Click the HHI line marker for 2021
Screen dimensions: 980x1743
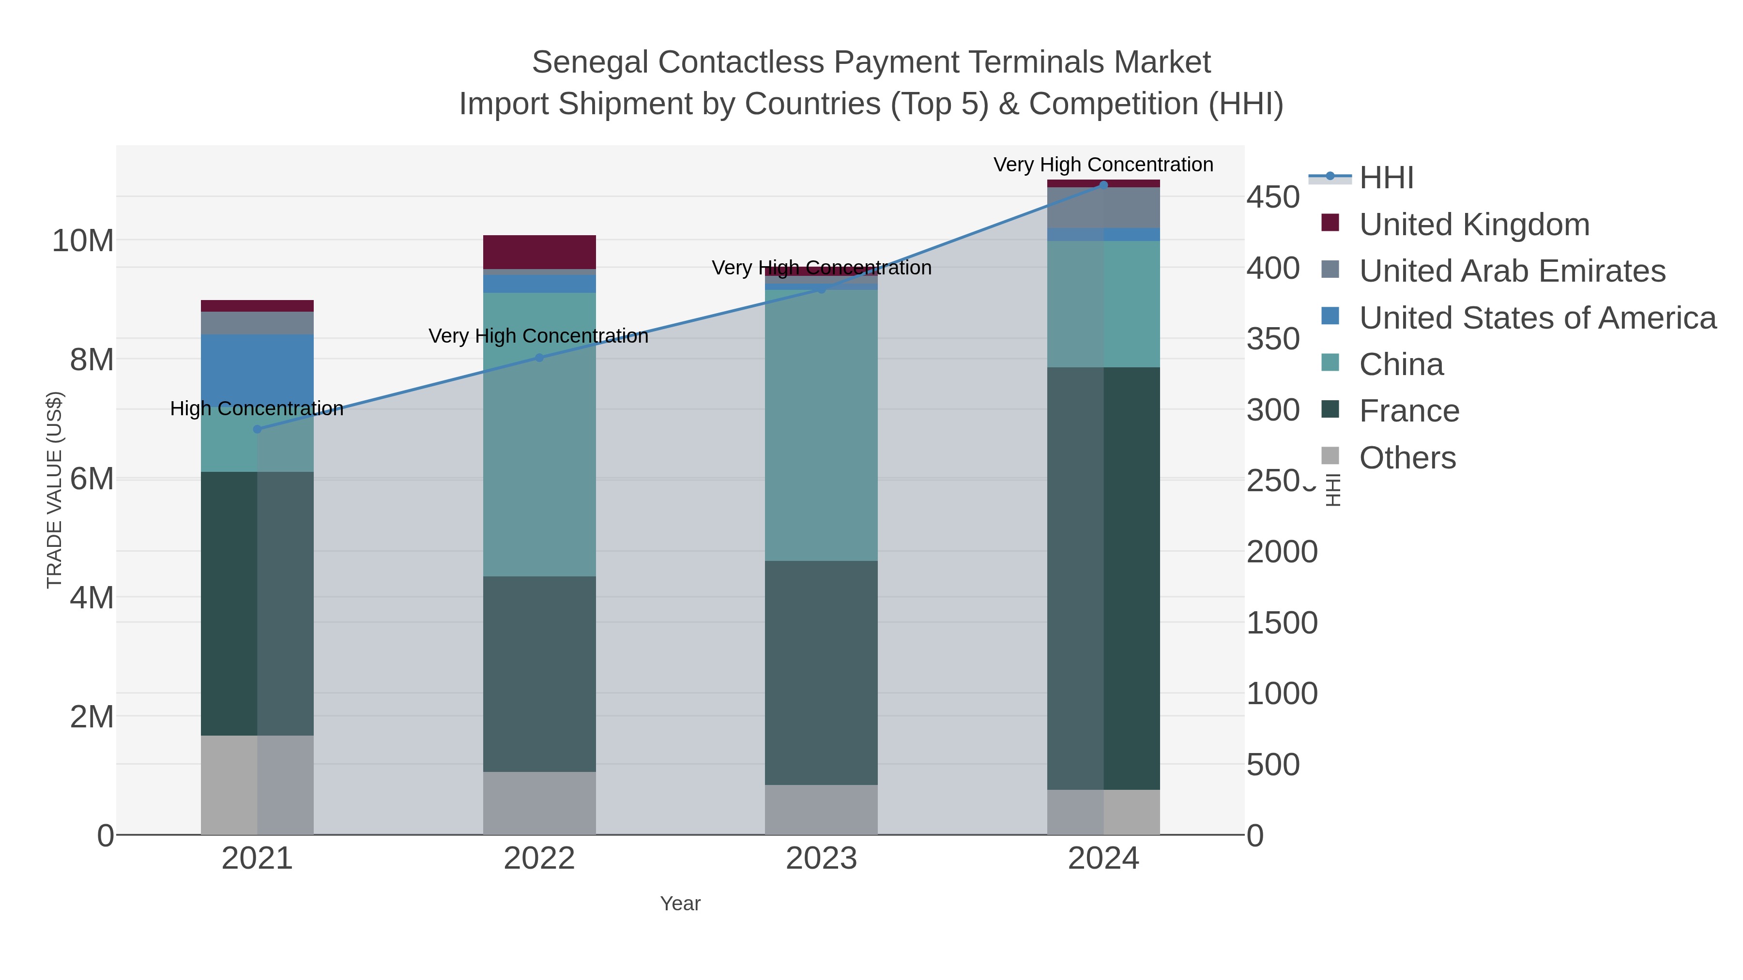pyautogui.click(x=257, y=429)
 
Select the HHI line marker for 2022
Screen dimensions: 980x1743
pyautogui.click(x=539, y=358)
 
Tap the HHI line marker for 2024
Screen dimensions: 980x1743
pyautogui.click(x=1103, y=185)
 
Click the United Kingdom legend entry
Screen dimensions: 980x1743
pyautogui.click(x=1474, y=225)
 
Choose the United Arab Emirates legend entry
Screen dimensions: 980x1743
pyautogui.click(x=1512, y=271)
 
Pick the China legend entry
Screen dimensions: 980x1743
pyautogui.click(x=1401, y=364)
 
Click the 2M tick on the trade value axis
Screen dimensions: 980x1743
pyautogui.click(x=92, y=717)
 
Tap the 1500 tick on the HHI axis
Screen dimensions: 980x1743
pyautogui.click(x=1282, y=623)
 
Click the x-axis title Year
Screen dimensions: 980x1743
pyautogui.click(x=680, y=904)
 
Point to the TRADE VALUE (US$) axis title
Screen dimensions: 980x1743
pyautogui.click(x=54, y=490)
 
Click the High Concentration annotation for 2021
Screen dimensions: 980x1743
pyautogui.click(x=257, y=408)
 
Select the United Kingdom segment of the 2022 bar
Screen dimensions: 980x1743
pyautogui.click(x=539, y=252)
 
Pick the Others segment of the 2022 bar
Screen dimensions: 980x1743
pyautogui.click(x=539, y=803)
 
